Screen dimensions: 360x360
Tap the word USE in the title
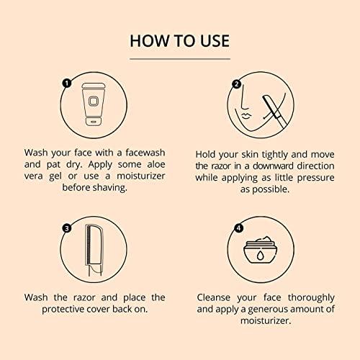[x=212, y=40]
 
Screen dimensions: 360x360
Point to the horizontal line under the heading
[x=180, y=58]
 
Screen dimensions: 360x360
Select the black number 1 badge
[x=67, y=84]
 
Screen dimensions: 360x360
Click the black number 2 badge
[x=235, y=84]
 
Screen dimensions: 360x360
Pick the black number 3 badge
[x=67, y=228]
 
